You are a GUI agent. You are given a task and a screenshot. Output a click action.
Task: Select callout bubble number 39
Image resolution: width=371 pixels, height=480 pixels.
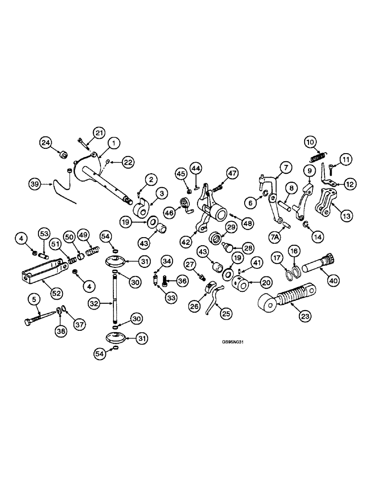tap(35, 183)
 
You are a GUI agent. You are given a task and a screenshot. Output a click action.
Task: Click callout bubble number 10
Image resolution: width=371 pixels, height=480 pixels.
tap(310, 142)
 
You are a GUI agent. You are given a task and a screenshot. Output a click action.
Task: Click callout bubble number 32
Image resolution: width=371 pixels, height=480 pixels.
tap(95, 303)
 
